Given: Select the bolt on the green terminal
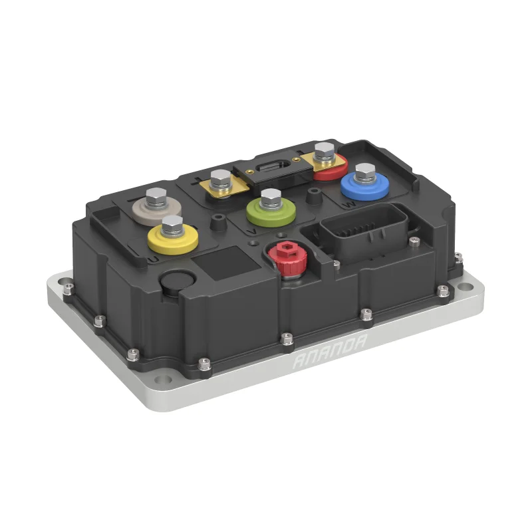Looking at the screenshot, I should (271, 198).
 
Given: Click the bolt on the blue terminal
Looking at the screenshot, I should (364, 174).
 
